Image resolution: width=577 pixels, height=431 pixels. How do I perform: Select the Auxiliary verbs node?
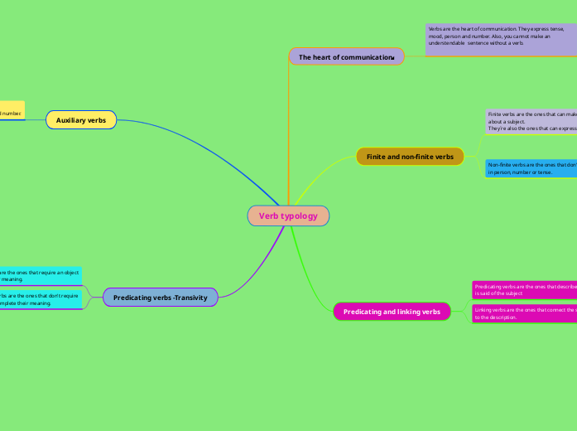coord(81,120)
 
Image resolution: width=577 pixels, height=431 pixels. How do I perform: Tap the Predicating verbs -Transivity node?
coord(161,298)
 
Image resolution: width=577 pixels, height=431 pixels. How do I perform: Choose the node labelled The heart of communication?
coord(346,57)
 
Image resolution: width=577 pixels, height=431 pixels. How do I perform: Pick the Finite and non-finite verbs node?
coord(410,157)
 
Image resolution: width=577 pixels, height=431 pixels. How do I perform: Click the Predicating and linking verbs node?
coord(392,312)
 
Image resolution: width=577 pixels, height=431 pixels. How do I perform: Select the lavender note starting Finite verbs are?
coord(530,121)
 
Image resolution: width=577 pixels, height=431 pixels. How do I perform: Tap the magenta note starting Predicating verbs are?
coord(524,289)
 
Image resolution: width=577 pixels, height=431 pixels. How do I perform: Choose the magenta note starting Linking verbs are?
coord(524,313)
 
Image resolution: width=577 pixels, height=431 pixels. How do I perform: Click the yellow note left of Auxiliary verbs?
coord(12,113)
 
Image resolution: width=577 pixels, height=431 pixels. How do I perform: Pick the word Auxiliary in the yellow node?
coord(70,120)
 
